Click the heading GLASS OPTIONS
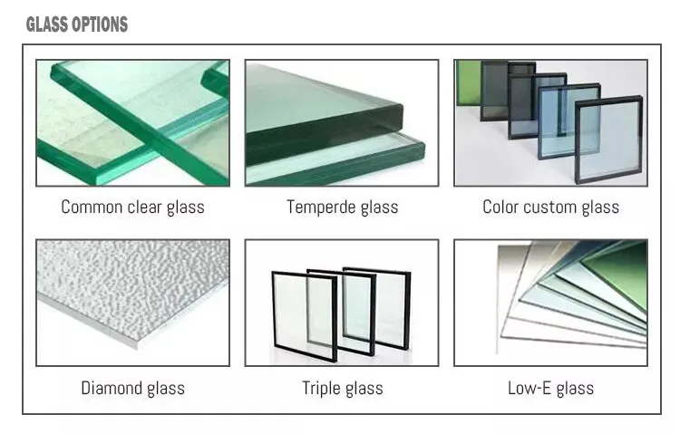(x=77, y=24)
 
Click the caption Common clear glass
(x=132, y=207)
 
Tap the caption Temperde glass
(x=342, y=207)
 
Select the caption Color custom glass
(x=550, y=207)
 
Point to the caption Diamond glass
(x=132, y=388)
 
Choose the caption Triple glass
(x=342, y=388)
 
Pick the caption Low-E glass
(x=550, y=388)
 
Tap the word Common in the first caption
(x=92, y=207)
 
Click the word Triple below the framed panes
(x=321, y=388)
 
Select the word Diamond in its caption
(x=112, y=388)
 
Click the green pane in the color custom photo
(x=469, y=82)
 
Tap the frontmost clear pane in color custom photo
(x=608, y=140)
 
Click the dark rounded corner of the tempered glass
(x=397, y=116)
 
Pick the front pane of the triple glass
(x=305, y=316)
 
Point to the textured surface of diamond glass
(x=132, y=288)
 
